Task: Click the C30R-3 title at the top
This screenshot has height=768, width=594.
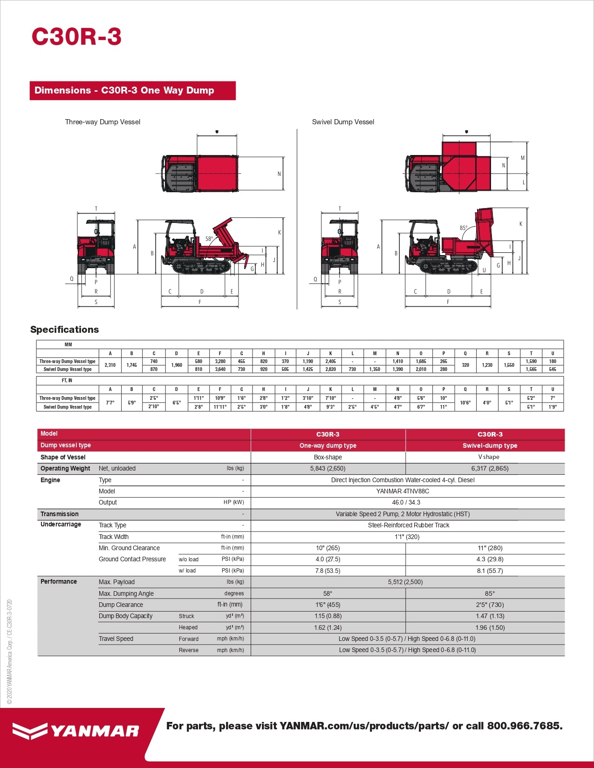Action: (76, 37)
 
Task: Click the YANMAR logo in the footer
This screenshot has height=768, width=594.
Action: (76, 731)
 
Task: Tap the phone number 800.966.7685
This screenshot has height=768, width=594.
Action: (525, 726)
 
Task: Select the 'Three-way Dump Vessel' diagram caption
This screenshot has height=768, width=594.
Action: (102, 122)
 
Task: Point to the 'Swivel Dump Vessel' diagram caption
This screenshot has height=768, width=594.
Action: (343, 122)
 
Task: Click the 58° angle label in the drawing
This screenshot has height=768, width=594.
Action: (209, 239)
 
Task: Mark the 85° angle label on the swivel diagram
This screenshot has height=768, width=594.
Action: (464, 228)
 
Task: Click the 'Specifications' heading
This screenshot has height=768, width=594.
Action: (65, 330)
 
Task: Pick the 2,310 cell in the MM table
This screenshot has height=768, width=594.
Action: (110, 365)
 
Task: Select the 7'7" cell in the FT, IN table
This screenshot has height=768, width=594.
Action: (110, 403)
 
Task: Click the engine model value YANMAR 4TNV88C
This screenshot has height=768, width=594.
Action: (403, 491)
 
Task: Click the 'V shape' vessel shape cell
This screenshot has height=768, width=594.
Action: (489, 457)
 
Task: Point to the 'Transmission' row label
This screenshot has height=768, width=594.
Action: (60, 514)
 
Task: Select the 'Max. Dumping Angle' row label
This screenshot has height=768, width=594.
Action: (126, 593)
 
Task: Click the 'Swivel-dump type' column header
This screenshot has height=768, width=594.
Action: (490, 445)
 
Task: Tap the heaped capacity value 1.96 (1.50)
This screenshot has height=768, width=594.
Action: (490, 627)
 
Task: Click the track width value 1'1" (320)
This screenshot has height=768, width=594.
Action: (407, 537)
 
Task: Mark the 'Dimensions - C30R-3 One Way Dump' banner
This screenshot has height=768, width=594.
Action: (124, 90)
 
